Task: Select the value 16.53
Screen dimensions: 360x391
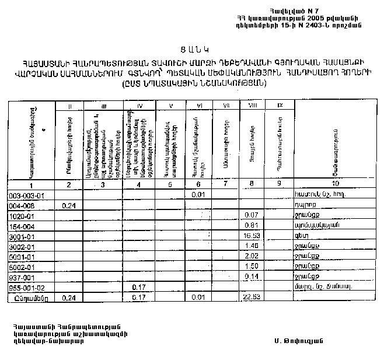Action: coord(251,235)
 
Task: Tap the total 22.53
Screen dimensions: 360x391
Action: coord(252,298)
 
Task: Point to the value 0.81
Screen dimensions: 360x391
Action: coord(252,225)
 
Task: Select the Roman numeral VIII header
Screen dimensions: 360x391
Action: coord(253,106)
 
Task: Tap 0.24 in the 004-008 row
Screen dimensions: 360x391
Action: coord(69,205)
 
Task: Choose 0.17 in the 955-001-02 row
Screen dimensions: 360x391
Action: coord(138,287)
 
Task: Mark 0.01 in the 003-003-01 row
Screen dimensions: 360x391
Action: coord(197,195)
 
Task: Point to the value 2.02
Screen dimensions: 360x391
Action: coord(252,256)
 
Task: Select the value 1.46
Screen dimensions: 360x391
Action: coord(252,246)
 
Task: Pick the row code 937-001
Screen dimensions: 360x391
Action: coord(23,277)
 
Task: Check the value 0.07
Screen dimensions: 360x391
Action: coord(252,215)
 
